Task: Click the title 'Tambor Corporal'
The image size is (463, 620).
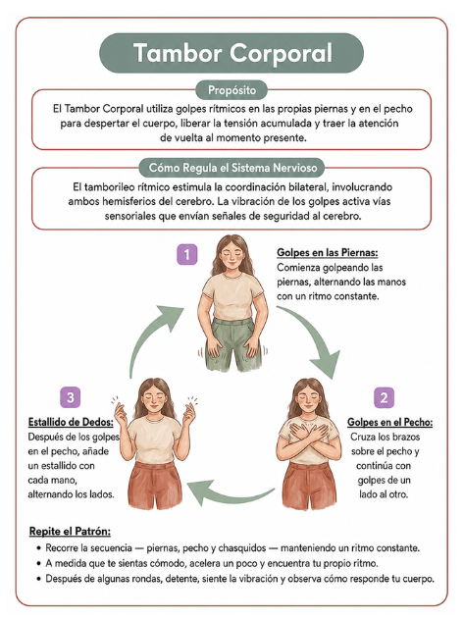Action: [232, 53]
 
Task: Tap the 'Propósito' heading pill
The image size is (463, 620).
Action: [231, 90]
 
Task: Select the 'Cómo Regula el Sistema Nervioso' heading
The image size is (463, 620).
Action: [232, 168]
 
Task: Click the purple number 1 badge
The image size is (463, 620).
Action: [187, 254]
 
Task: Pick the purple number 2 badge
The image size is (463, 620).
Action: [384, 397]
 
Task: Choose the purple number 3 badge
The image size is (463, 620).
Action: [71, 397]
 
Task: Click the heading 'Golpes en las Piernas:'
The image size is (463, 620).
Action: [328, 253]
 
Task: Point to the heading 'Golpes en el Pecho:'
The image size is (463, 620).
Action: [389, 422]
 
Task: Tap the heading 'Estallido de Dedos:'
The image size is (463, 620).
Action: [71, 422]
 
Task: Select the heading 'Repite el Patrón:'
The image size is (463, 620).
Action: [70, 531]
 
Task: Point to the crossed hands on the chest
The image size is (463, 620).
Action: [309, 432]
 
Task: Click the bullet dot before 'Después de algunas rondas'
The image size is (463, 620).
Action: [39, 579]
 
